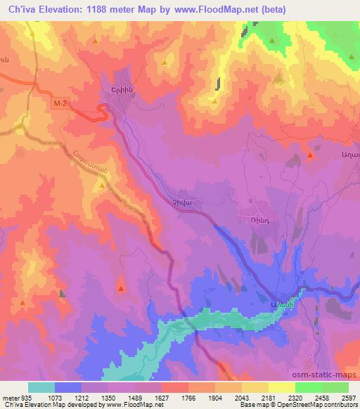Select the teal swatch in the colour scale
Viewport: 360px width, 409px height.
tap(41, 387)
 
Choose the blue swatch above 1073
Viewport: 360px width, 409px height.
tap(68, 387)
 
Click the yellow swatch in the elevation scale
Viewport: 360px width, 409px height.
tap(282, 387)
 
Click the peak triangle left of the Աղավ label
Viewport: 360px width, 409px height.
tap(310, 155)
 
